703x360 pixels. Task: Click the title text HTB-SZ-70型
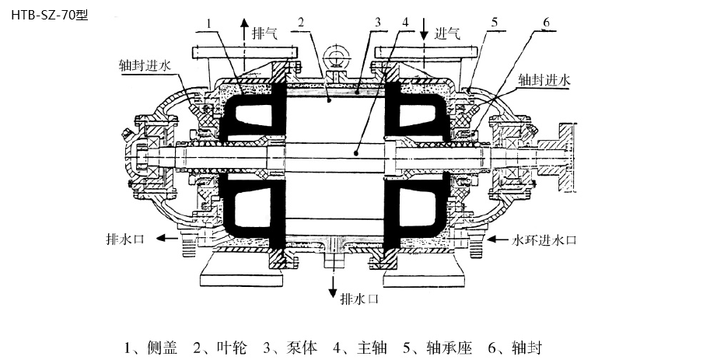coord(46,13)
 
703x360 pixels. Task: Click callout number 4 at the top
coord(406,23)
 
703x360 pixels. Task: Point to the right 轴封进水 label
coord(544,79)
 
